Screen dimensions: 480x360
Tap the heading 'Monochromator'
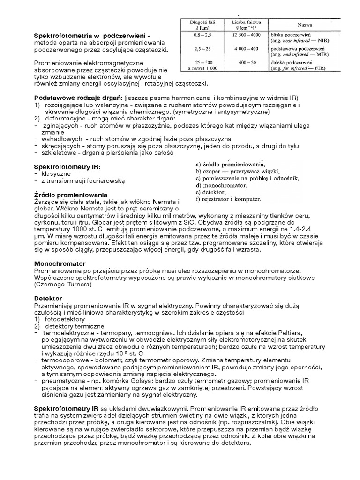coord(59,264)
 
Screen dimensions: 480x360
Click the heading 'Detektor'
coord(48,298)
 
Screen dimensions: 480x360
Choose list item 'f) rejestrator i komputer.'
coord(228,199)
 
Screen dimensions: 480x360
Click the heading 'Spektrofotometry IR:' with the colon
coord(68,166)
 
